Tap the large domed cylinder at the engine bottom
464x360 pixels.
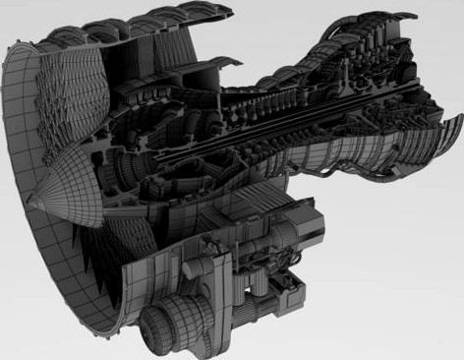click(168, 321)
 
